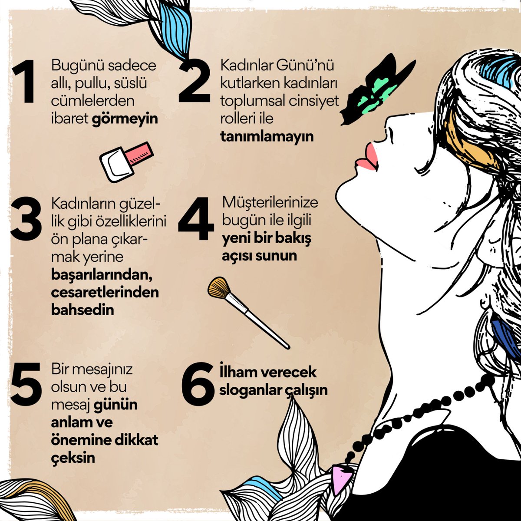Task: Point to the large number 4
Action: pos(195,219)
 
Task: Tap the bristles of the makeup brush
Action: pos(218,288)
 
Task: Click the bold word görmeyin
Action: pos(125,119)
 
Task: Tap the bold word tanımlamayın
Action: pos(267,136)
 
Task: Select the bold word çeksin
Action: pos(73,458)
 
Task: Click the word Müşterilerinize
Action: pos(270,203)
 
